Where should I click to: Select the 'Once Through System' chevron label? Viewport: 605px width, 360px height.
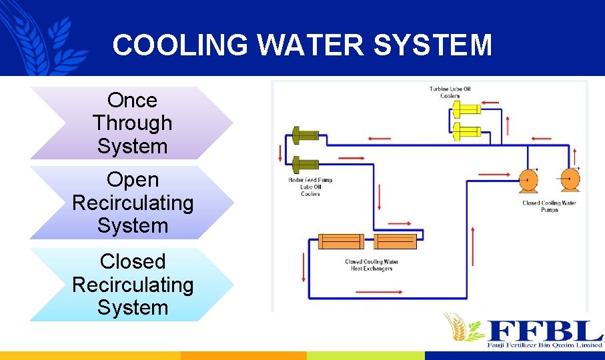coord(132,123)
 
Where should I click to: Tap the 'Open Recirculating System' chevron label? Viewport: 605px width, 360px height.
coord(132,202)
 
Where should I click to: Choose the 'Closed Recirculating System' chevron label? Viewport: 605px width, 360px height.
coord(132,285)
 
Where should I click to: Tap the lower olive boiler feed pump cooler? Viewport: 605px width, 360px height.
coord(305,163)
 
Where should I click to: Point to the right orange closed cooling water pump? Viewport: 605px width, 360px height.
coord(569,180)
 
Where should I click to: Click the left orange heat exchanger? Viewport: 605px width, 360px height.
coord(341,241)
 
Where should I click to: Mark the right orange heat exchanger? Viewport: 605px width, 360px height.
coord(395,241)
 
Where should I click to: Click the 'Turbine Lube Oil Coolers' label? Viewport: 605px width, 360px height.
coord(450,92)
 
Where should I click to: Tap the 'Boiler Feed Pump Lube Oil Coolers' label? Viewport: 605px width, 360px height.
coord(311,187)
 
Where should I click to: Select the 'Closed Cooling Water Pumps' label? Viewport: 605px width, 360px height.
coord(549,206)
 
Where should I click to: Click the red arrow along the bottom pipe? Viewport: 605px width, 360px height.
coord(380,291)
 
